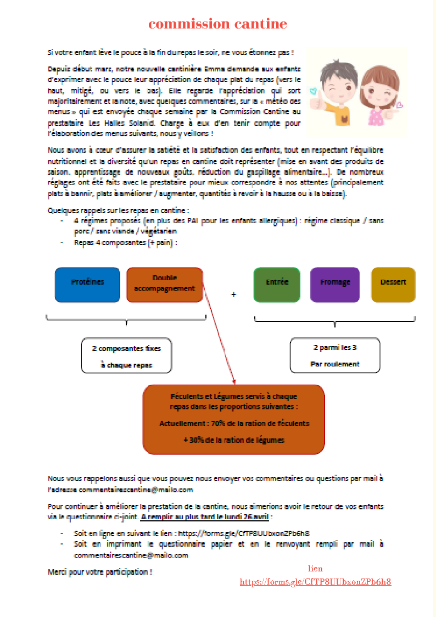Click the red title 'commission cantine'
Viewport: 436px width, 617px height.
point(217,24)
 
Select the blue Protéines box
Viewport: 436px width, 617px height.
point(87,285)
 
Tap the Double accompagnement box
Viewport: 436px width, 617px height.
point(164,285)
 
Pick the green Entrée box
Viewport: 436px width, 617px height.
point(277,285)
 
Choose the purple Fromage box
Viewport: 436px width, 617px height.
point(335,285)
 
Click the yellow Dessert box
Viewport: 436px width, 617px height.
point(393,285)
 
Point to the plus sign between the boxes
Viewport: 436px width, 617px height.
point(233,295)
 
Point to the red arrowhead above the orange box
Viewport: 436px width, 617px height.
point(234,381)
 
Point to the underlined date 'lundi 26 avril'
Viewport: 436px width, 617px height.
point(246,518)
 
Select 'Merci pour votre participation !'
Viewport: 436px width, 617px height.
point(100,572)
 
